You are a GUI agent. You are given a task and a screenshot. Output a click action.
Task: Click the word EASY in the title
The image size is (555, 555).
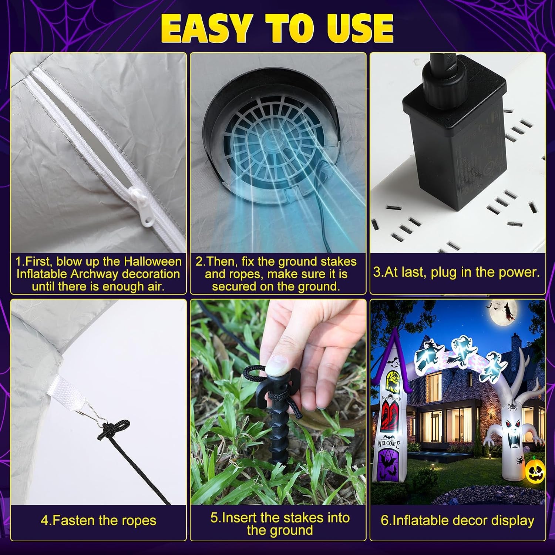pos(205,29)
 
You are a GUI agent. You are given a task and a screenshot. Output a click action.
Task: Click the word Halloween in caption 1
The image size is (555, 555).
pos(153,262)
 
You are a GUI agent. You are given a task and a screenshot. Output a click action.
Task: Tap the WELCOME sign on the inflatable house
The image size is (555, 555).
pos(388,443)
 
